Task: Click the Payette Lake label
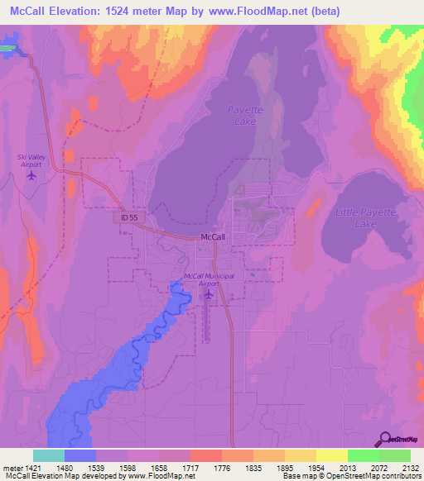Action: coord(243,115)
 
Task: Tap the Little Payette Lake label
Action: coord(365,218)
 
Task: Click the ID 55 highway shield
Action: coord(125,216)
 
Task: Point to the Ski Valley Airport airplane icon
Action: coord(32,174)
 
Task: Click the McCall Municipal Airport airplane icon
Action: coord(209,293)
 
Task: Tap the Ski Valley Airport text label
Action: coord(32,160)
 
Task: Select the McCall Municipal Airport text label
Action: coord(209,279)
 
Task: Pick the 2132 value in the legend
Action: coord(410,467)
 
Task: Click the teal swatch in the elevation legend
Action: coord(49,455)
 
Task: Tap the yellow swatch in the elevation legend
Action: coord(331,455)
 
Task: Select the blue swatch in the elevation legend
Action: coord(80,455)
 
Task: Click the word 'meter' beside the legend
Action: coord(10,467)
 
